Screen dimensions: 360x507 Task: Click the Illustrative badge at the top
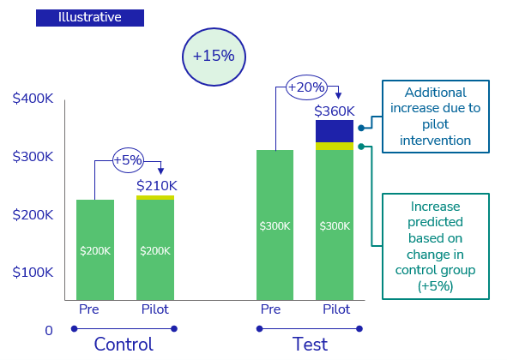click(89, 17)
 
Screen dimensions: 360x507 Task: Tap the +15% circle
click(214, 56)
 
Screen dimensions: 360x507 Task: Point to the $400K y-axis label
click(33, 99)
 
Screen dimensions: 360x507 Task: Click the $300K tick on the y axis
click(33, 157)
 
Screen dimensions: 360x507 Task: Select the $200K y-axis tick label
click(33, 214)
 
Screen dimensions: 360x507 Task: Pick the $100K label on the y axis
click(33, 272)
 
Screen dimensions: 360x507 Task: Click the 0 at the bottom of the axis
click(48, 331)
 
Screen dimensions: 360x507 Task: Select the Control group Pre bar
click(95, 249)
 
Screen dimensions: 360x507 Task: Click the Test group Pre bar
click(275, 225)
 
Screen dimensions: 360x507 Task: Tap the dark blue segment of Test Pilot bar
click(335, 131)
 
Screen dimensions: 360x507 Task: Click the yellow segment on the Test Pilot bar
click(335, 147)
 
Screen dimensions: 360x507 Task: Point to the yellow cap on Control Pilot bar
click(155, 198)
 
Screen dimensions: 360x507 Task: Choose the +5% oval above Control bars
click(128, 159)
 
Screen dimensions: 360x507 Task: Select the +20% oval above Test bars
click(306, 87)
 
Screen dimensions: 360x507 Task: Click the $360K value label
click(335, 111)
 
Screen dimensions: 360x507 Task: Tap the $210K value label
click(157, 185)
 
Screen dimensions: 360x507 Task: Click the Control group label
click(124, 345)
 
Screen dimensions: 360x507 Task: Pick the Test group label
click(310, 345)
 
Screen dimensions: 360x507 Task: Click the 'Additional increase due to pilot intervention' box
click(435, 117)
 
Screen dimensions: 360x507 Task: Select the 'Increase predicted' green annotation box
click(435, 246)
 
